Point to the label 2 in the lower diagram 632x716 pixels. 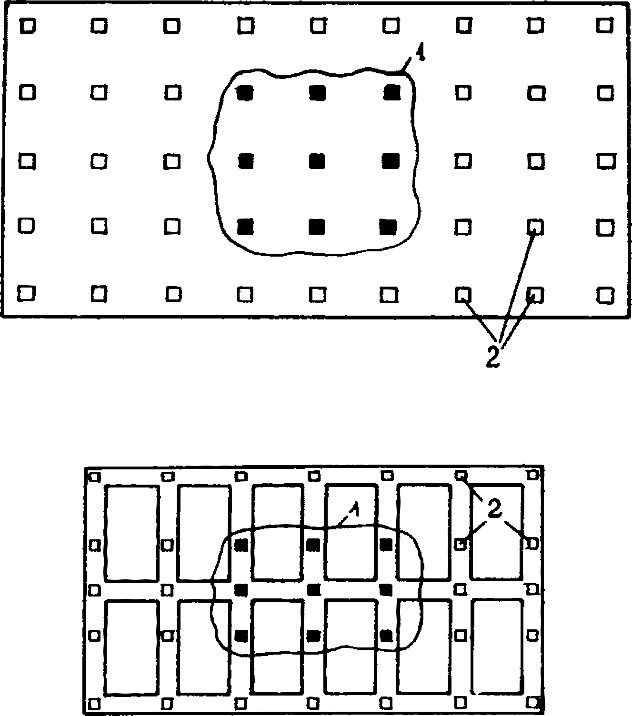(x=495, y=510)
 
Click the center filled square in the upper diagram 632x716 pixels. (x=317, y=161)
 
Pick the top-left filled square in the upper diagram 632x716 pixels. (x=245, y=92)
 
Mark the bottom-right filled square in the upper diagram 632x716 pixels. (x=389, y=227)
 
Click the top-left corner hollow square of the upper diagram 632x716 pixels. (x=28, y=25)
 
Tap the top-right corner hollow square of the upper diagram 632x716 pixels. (x=605, y=25)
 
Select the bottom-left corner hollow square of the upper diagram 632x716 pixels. (x=26, y=292)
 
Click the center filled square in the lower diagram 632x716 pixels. (x=313, y=589)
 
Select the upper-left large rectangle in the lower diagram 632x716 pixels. (x=131, y=533)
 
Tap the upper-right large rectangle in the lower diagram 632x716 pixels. (x=498, y=532)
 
